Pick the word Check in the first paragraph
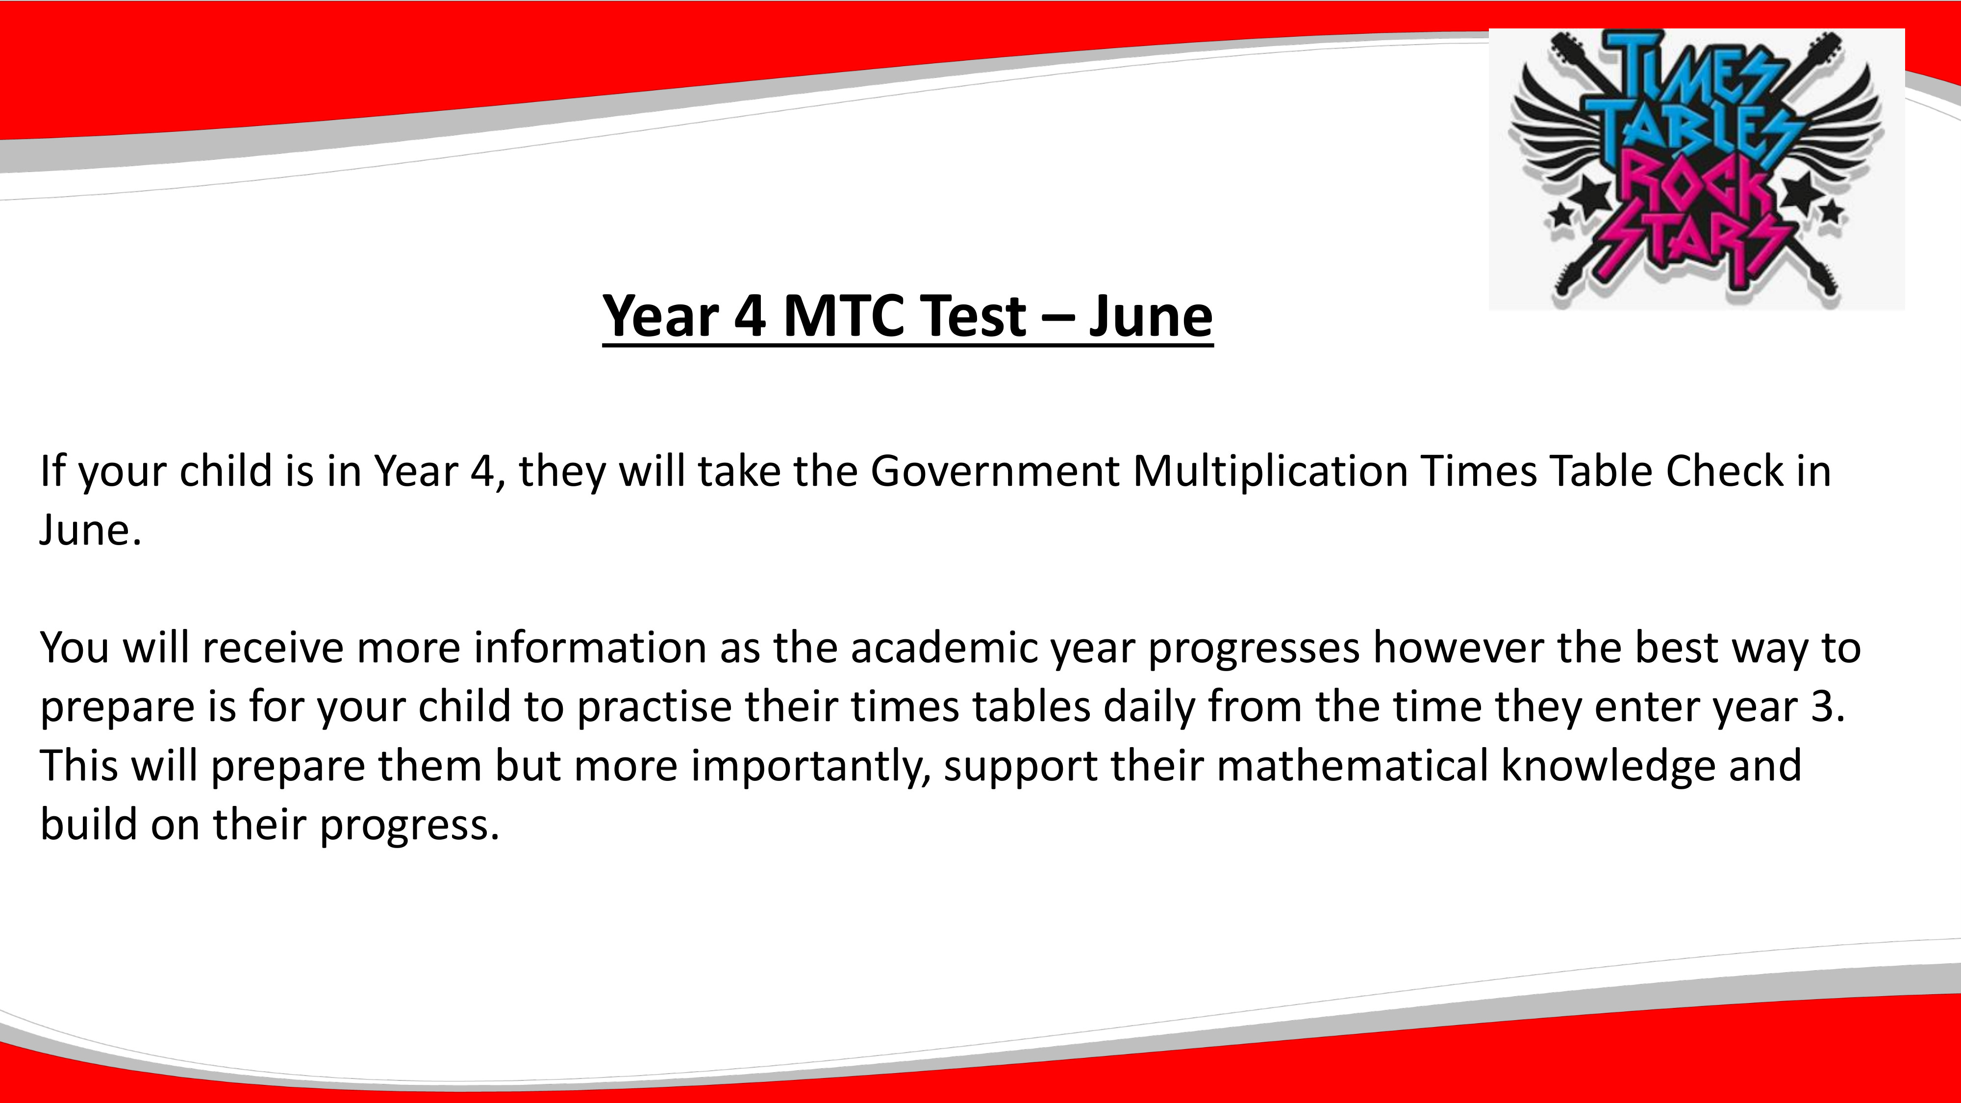click(x=1724, y=471)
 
